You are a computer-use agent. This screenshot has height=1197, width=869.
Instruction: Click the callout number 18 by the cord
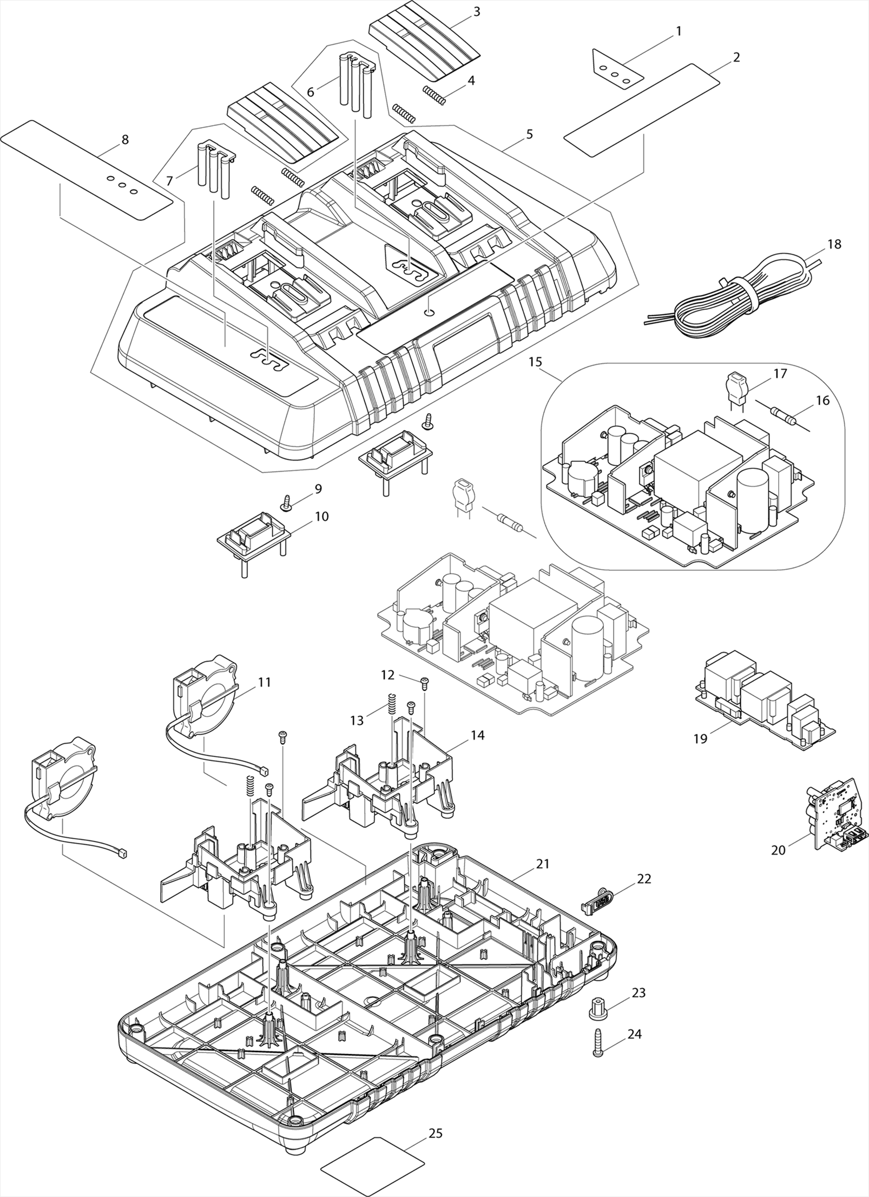pos(834,244)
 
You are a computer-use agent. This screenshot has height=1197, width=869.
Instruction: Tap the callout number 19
pos(700,738)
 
